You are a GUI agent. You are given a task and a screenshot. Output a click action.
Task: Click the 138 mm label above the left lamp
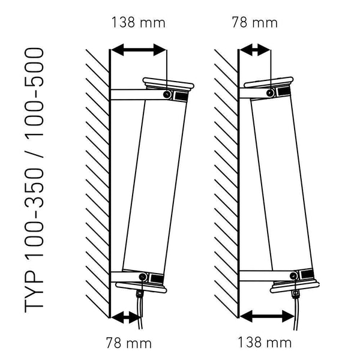pos(138,23)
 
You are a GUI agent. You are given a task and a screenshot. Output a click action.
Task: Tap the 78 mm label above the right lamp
pos(254,23)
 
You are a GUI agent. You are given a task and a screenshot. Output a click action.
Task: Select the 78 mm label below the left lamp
pos(129,343)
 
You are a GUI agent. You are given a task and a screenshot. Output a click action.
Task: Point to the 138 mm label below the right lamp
pos(265,343)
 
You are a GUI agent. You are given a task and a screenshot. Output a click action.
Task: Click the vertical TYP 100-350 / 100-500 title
pos(34,180)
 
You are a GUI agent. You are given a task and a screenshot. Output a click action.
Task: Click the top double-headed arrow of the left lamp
pos(139,50)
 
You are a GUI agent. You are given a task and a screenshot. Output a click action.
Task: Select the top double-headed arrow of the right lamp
pos(255,50)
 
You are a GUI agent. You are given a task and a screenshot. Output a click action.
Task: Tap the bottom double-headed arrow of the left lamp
pos(125,317)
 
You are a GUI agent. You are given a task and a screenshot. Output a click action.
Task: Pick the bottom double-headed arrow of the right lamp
pos(267,316)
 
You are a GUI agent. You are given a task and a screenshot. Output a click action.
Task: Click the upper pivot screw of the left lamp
pos(167,94)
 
